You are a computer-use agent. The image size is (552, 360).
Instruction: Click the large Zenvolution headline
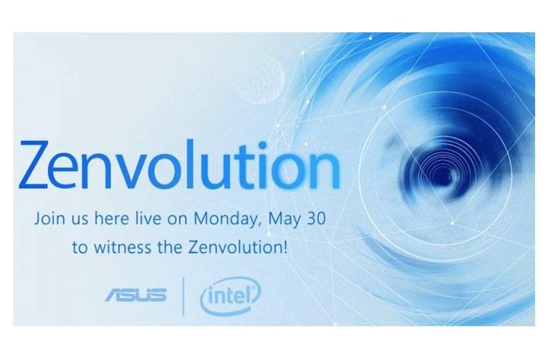pos(180,165)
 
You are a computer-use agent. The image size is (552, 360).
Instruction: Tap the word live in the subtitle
pos(148,218)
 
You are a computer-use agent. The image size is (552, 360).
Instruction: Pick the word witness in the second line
pos(123,247)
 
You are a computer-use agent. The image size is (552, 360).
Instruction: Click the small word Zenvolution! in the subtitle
pos(238,247)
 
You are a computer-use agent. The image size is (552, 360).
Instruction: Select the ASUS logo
pos(136,295)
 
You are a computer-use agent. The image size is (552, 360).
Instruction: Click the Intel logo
pos(230,295)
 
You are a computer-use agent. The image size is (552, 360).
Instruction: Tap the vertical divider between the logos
pos(184,296)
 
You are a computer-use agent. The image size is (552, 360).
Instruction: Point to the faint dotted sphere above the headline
pos(260,80)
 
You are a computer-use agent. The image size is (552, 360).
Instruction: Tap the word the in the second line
pos(171,247)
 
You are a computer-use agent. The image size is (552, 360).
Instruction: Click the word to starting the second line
pos(80,248)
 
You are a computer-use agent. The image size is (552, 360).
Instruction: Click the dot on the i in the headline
pos(262,145)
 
